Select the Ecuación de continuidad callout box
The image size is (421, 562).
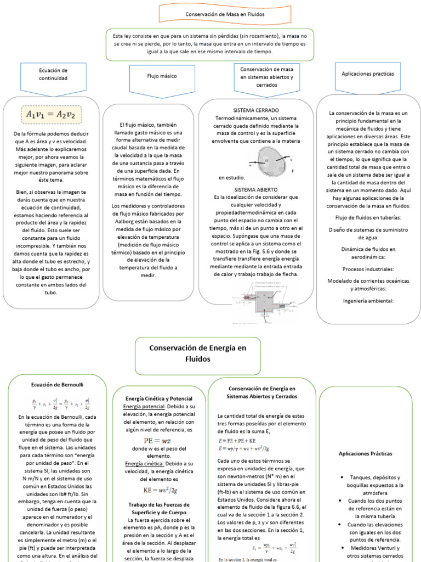point(53,76)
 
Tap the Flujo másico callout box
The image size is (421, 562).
point(162,76)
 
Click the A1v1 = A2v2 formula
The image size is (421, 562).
point(50,115)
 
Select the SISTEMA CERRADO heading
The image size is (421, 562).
point(255,110)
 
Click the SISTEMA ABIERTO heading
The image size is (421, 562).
point(256,189)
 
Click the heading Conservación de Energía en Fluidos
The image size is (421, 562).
point(198,353)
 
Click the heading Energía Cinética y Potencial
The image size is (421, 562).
point(158,398)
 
